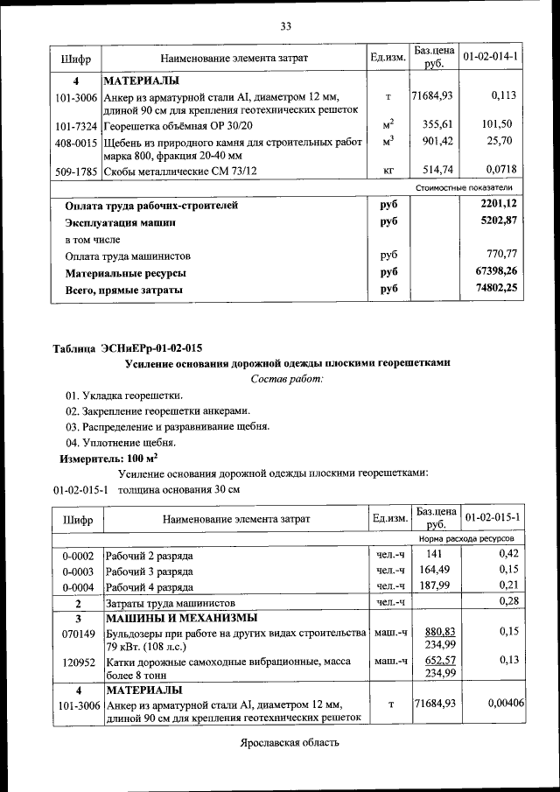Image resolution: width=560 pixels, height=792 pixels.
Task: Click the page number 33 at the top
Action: click(285, 25)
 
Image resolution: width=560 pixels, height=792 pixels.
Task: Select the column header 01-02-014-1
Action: click(490, 57)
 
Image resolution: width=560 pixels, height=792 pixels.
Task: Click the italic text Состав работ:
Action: click(287, 378)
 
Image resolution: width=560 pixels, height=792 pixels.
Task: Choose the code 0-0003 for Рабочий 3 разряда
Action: click(78, 571)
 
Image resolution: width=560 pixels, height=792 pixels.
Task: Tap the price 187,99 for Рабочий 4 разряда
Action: click(432, 586)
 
